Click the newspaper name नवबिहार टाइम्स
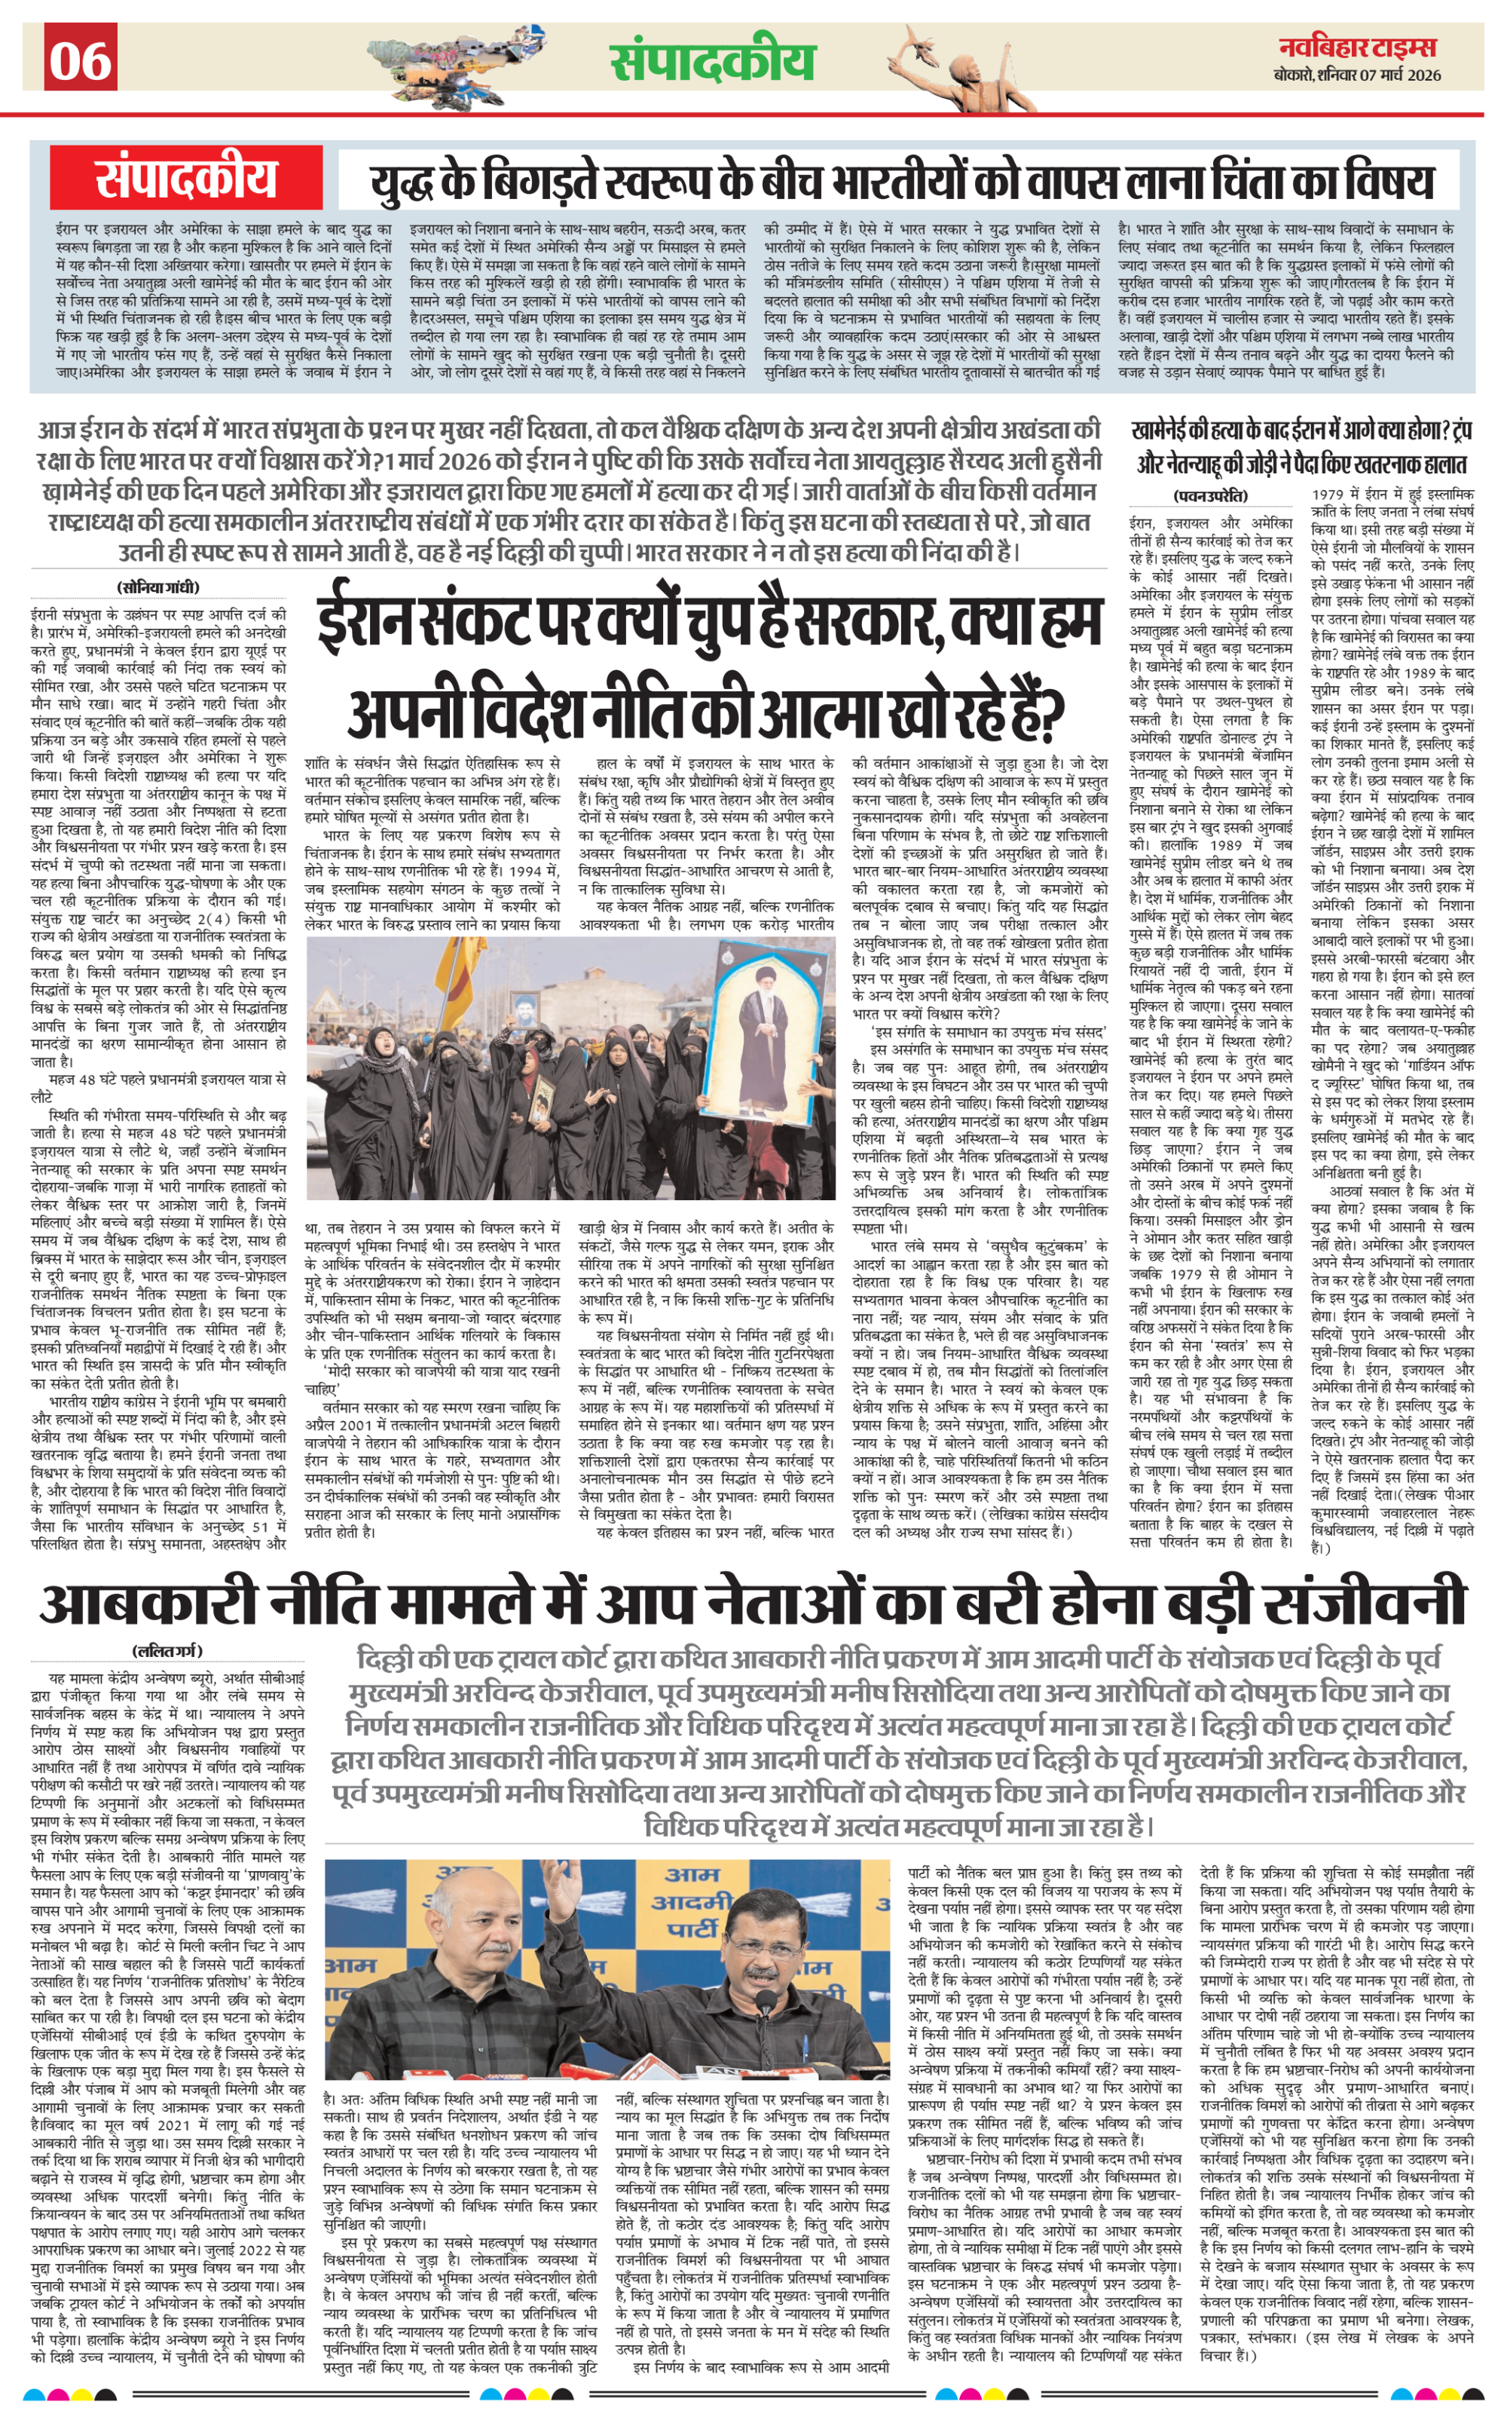coord(1358,47)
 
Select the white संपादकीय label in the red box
coord(186,179)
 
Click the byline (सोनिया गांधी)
coord(158,587)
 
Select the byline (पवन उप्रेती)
coord(1210,495)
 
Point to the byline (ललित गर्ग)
coord(167,1650)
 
